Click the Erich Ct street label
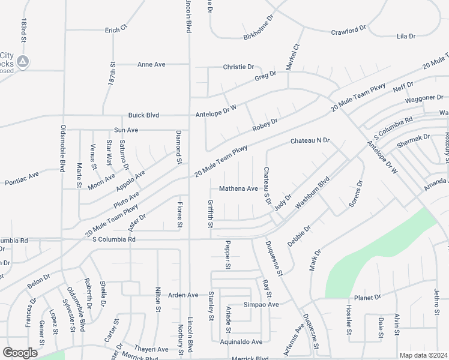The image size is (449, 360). point(116,29)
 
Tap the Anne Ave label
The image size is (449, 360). point(151,64)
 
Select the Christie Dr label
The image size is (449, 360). point(239,67)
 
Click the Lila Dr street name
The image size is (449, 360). point(406,37)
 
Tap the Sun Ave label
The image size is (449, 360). point(126,130)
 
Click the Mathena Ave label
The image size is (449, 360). point(238,188)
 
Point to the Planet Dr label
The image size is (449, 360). point(367,297)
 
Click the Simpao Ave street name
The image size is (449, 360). point(261,305)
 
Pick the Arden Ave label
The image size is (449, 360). point(182,295)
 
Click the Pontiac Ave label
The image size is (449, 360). point(22,178)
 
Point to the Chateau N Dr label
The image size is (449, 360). point(310,140)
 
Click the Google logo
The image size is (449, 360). point(20,352)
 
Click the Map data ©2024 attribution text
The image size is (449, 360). point(423,355)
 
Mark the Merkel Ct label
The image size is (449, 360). point(292,58)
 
